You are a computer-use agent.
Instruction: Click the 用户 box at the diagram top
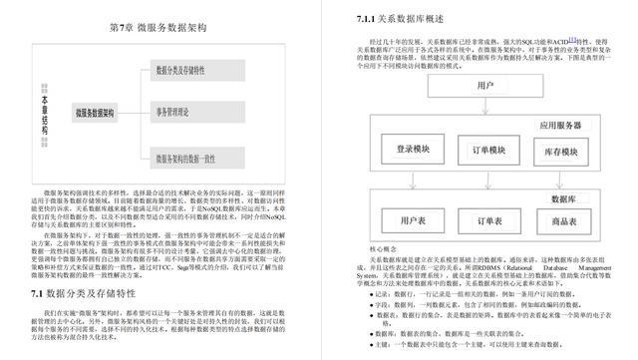pyautogui.click(x=485, y=87)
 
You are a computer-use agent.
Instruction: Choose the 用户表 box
pyautogui.click(x=413, y=217)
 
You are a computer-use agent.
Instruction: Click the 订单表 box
pyautogui.click(x=488, y=217)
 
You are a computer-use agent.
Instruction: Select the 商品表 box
pyautogui.click(x=563, y=217)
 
